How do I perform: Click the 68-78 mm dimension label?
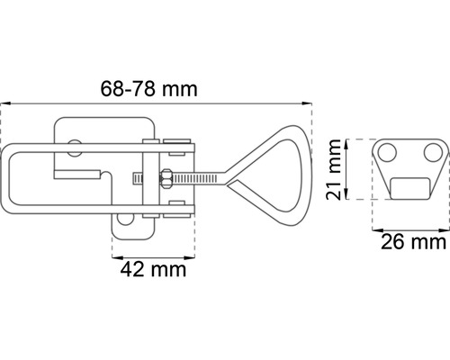point(148,89)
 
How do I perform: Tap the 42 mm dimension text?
point(153,269)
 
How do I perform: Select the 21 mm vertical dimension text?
point(334,169)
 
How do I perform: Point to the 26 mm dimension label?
point(414,242)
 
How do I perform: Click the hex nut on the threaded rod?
point(166,178)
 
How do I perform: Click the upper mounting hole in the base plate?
point(74,148)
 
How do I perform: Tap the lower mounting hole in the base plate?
point(125,220)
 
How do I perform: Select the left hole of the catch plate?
point(387,153)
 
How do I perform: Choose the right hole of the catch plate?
point(434,153)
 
